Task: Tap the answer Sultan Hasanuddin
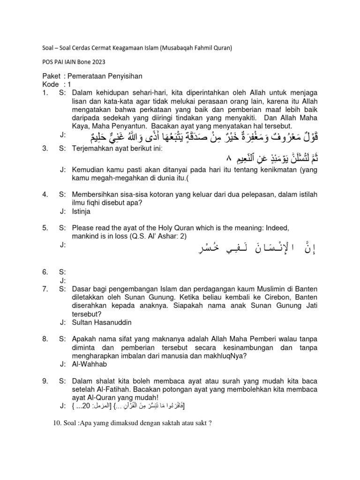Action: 101,323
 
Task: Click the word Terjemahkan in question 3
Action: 94,149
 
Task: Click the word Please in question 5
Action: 84,227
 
